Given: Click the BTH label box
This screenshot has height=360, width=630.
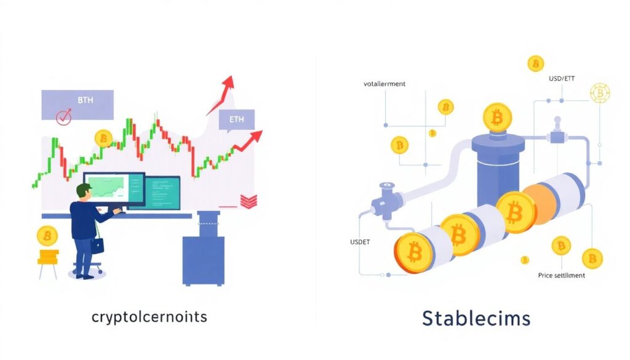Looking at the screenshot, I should click(x=78, y=103).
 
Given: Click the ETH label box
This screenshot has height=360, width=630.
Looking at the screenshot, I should click(x=236, y=120).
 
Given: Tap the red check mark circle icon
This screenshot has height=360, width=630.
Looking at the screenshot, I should click(x=64, y=116).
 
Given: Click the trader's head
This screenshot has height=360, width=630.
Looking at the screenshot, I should click(x=84, y=192).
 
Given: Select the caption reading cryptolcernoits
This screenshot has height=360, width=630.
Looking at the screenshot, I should click(x=149, y=317).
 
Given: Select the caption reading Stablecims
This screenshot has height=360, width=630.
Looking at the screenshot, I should click(x=476, y=318).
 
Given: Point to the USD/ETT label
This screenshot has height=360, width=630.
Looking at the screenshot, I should click(x=564, y=79).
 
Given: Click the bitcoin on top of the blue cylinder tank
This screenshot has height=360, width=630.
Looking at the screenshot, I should click(x=497, y=117).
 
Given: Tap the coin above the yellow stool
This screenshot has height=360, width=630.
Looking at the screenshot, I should click(x=47, y=236).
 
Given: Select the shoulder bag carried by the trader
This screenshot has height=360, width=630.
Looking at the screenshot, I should click(x=97, y=244).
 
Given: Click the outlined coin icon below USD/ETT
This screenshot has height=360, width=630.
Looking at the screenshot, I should click(x=599, y=93).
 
